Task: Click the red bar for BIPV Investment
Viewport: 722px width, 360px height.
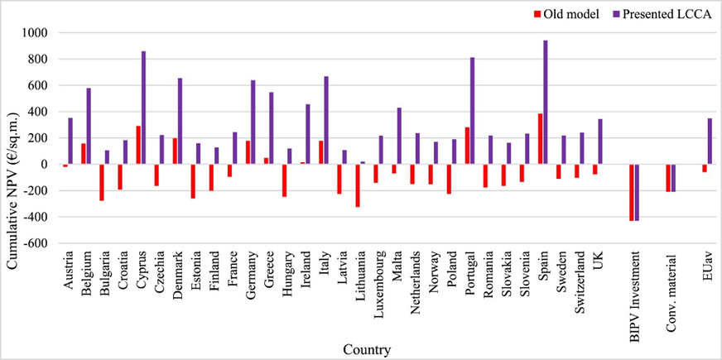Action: tap(632, 192)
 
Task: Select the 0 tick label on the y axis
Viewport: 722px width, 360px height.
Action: tap(45, 165)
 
